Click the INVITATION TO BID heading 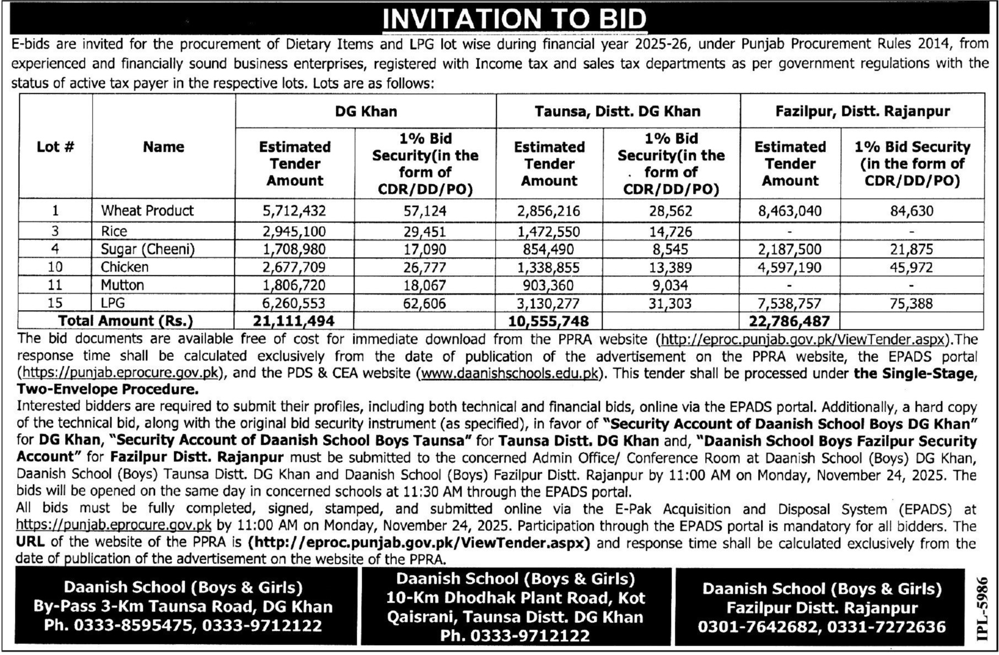point(514,19)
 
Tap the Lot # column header point(55,147)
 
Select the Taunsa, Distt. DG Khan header point(617,111)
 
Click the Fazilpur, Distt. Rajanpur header point(862,111)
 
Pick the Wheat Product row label point(147,211)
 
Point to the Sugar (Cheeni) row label point(148,249)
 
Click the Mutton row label point(122,285)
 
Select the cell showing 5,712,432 point(294,211)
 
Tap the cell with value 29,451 point(425,232)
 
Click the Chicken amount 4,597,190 point(789,268)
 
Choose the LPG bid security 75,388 point(911,303)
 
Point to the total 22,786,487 point(789,321)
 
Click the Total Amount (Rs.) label point(126,321)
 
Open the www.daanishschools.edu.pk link point(510,374)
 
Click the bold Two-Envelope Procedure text point(108,390)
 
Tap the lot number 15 point(55,303)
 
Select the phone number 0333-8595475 point(119,626)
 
